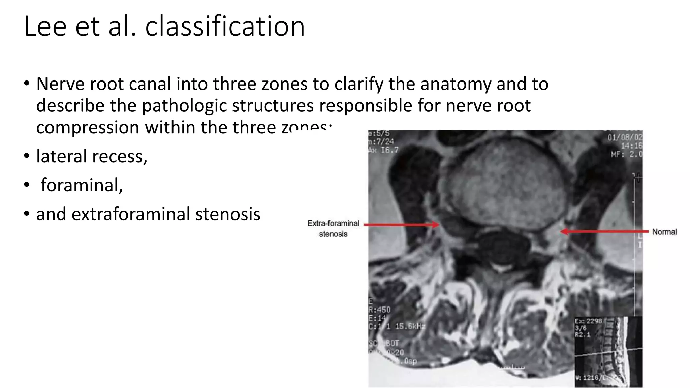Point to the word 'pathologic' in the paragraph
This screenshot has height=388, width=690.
pos(184,106)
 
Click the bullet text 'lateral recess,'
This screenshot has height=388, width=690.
pos(92,156)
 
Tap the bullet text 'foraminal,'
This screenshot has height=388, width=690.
pos(82,185)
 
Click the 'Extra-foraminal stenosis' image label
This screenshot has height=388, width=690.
pos(333,228)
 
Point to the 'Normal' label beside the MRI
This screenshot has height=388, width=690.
pos(664,232)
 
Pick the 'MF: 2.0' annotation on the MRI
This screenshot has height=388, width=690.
pos(627,154)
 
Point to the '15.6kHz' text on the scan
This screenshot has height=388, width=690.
pos(410,326)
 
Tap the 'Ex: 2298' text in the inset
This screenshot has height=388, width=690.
pos(588,321)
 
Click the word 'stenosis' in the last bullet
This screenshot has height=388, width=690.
pos(228,214)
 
